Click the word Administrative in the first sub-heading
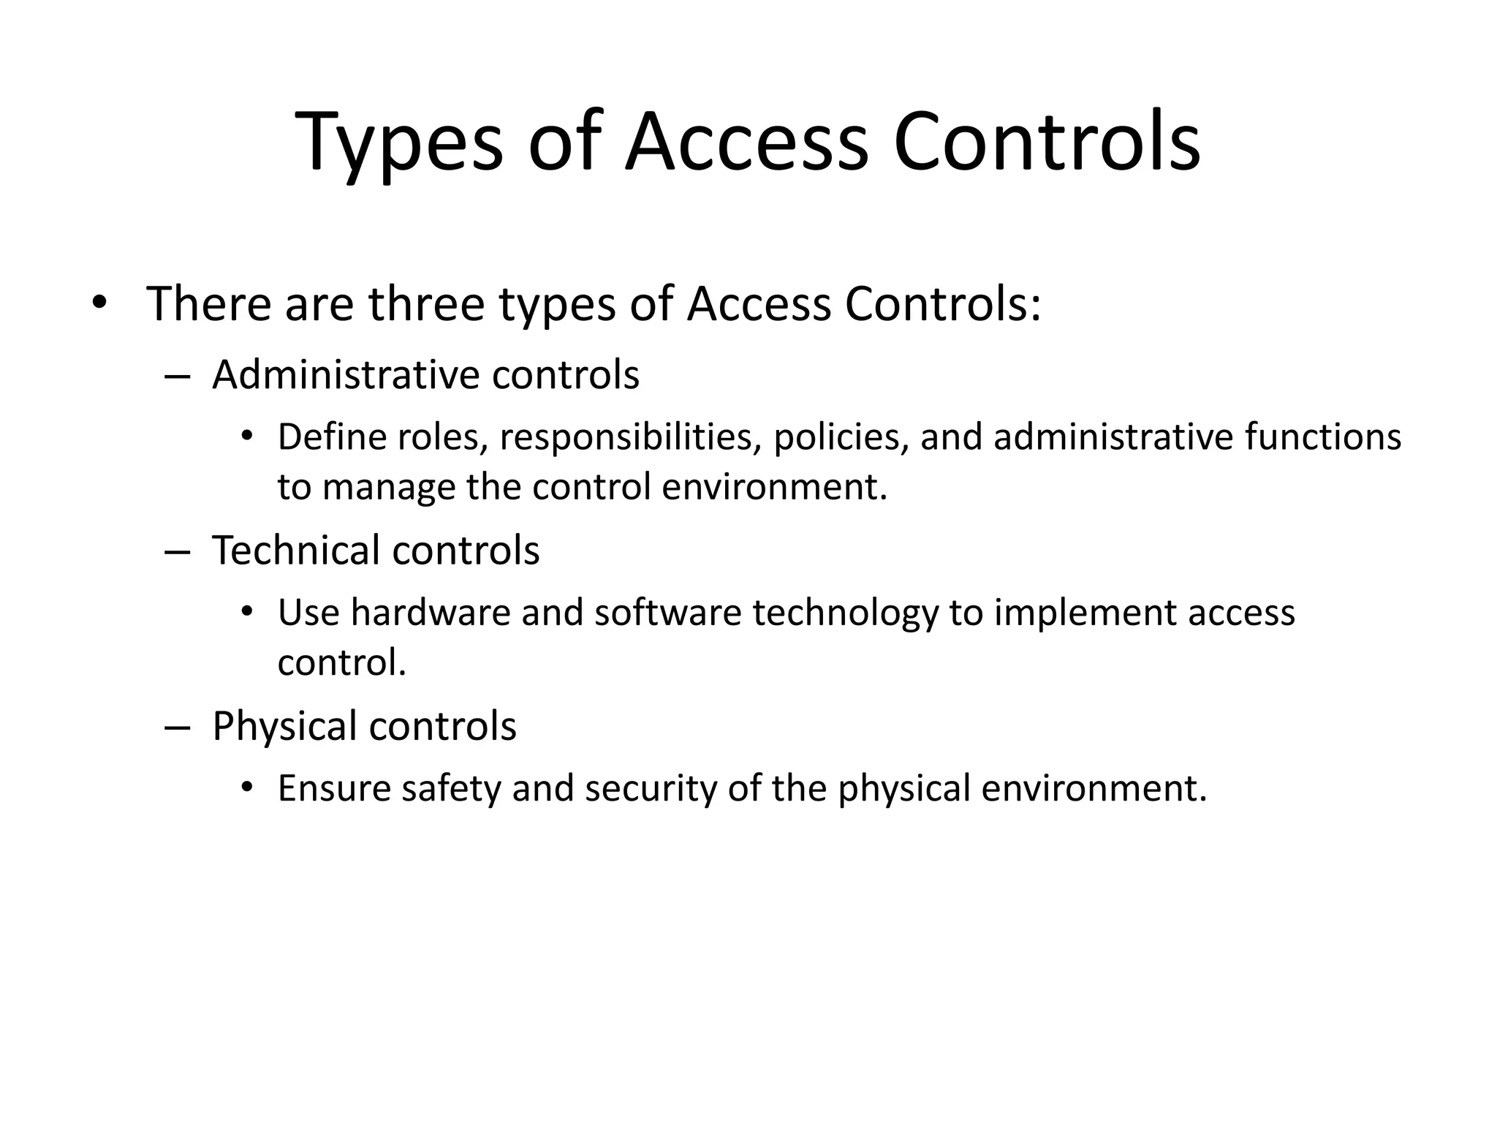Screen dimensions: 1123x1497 click(344, 375)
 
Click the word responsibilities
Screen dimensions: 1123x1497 click(626, 437)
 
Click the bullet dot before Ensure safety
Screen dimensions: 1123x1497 click(247, 787)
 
